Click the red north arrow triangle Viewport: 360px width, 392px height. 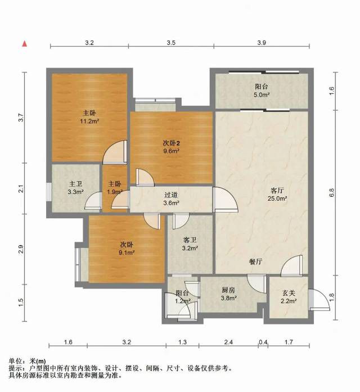click(25, 44)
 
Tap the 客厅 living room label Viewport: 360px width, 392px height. click(277, 191)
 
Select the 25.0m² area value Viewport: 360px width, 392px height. click(277, 199)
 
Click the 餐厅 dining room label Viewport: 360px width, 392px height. click(255, 262)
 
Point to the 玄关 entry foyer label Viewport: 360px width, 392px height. click(289, 293)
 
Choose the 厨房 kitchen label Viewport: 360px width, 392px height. click(228, 290)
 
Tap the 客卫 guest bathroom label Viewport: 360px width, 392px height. click(190, 240)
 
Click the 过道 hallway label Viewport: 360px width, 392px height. click(171, 195)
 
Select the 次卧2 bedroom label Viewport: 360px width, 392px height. click(171, 143)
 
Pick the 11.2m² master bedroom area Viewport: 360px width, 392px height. click(89, 121)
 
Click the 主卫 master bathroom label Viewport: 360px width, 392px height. click(75, 184)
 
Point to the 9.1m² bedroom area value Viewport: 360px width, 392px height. click(127, 253)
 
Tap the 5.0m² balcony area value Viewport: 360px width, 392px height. click(262, 94)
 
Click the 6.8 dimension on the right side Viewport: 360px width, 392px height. click(332, 193)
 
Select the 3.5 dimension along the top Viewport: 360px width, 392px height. click(171, 43)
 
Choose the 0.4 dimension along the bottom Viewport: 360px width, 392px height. click(263, 342)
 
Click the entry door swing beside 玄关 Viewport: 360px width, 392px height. click(319, 300)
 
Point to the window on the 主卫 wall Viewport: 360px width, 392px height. click(49, 192)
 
